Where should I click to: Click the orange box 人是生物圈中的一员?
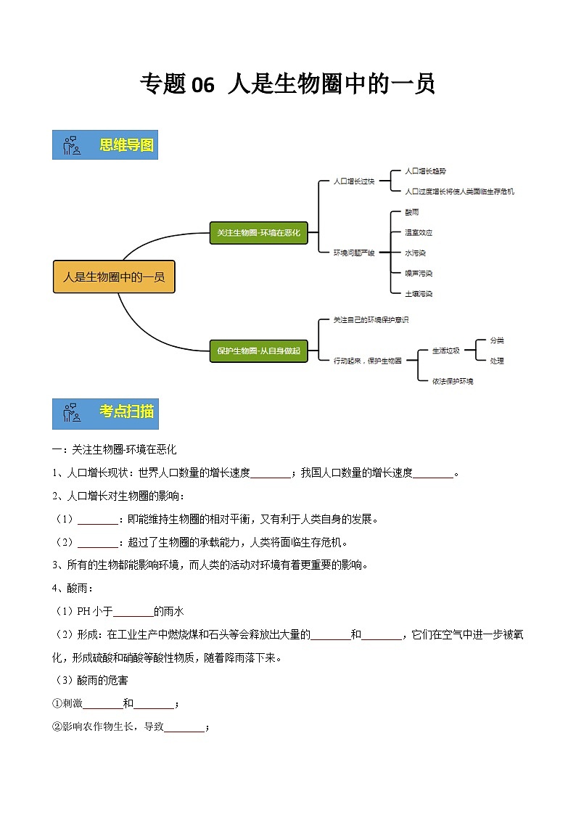114,277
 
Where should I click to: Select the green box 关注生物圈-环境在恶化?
258,233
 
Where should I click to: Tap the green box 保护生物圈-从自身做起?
258,351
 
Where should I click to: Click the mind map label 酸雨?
411,212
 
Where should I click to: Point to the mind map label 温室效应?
419,232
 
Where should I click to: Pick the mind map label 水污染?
416,253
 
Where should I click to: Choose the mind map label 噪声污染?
419,273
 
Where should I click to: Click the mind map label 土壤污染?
419,293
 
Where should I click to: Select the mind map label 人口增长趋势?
426,171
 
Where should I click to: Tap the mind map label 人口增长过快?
353,181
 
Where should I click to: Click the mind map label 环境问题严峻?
354,253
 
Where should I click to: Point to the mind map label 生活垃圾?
445,350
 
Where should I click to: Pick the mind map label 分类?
496,340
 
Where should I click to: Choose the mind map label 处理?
496,361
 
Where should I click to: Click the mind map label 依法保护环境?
453,380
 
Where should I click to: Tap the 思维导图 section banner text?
127,145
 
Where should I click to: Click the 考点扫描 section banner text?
127,411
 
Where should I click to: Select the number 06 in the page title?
203,85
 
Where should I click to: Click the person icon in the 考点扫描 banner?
71,412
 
